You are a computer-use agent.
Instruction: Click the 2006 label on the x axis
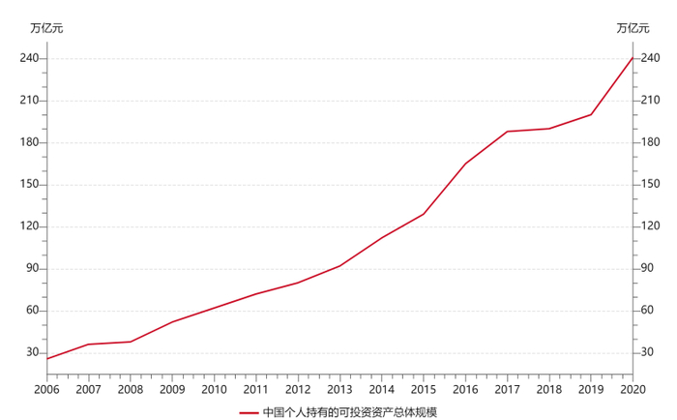(46, 389)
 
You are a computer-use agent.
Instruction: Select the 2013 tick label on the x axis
(339, 389)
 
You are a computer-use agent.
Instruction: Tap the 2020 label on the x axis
(632, 389)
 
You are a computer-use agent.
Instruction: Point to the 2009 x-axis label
(172, 389)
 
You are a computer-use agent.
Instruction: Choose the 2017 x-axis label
(507, 389)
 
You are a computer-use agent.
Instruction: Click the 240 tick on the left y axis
(29, 59)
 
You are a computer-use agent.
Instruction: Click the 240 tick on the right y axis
(650, 59)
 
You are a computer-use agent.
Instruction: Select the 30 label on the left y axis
(32, 352)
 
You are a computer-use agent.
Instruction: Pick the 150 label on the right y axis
(650, 185)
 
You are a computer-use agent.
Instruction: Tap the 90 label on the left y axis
(32, 269)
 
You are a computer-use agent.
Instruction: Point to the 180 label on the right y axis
(650, 143)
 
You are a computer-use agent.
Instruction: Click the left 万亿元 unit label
(46, 28)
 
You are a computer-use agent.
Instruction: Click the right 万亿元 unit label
(633, 28)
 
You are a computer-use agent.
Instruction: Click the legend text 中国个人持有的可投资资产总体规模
(350, 411)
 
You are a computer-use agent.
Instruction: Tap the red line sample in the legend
(249, 411)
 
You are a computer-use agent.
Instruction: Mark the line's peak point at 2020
(632, 58)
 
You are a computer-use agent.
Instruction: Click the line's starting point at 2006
(46, 359)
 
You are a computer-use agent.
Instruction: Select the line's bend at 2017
(507, 132)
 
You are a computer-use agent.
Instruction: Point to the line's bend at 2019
(590, 114)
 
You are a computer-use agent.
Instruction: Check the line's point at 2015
(423, 214)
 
